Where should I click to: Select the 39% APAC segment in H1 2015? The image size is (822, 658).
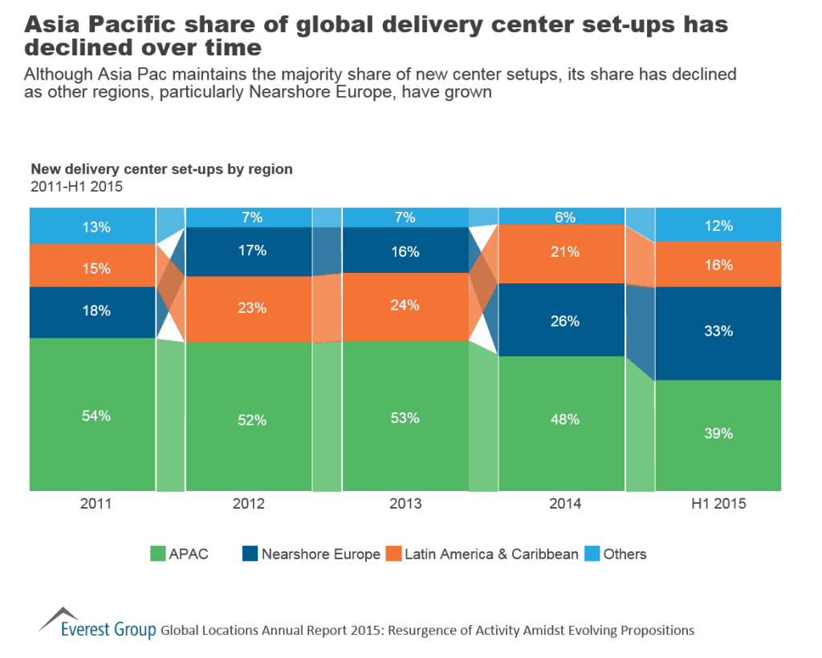718,433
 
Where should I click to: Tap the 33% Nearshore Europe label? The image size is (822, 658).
718,330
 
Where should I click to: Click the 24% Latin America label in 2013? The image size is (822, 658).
405,306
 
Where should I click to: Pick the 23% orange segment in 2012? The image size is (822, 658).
249,309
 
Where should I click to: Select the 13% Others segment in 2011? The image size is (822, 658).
92,226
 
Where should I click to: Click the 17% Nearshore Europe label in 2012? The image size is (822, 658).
249,250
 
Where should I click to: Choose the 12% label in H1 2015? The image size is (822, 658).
718,226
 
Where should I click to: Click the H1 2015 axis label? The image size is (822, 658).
718,505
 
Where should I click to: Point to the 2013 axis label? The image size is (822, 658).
405,505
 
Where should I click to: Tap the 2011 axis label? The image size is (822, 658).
92,505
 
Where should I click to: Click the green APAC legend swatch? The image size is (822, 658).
158,554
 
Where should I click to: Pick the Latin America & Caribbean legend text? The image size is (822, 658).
491,554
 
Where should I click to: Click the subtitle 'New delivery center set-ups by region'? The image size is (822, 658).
161,169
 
